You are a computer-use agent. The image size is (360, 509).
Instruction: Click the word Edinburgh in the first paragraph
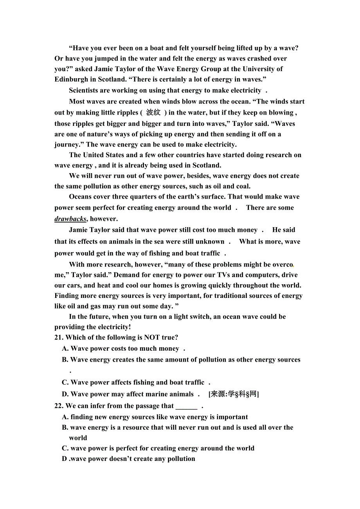(x=72, y=79)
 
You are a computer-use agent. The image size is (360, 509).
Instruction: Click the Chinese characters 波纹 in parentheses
(x=153, y=113)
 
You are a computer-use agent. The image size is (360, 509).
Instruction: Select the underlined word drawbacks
(x=70, y=219)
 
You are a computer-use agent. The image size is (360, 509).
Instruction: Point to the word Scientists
(x=86, y=90)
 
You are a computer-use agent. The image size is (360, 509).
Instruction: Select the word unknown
(x=210, y=242)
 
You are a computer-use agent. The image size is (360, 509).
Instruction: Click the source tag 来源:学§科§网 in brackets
(x=233, y=394)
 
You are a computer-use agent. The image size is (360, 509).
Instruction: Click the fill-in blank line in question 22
(x=186, y=407)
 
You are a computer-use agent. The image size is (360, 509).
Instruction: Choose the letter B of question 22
(x=65, y=428)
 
